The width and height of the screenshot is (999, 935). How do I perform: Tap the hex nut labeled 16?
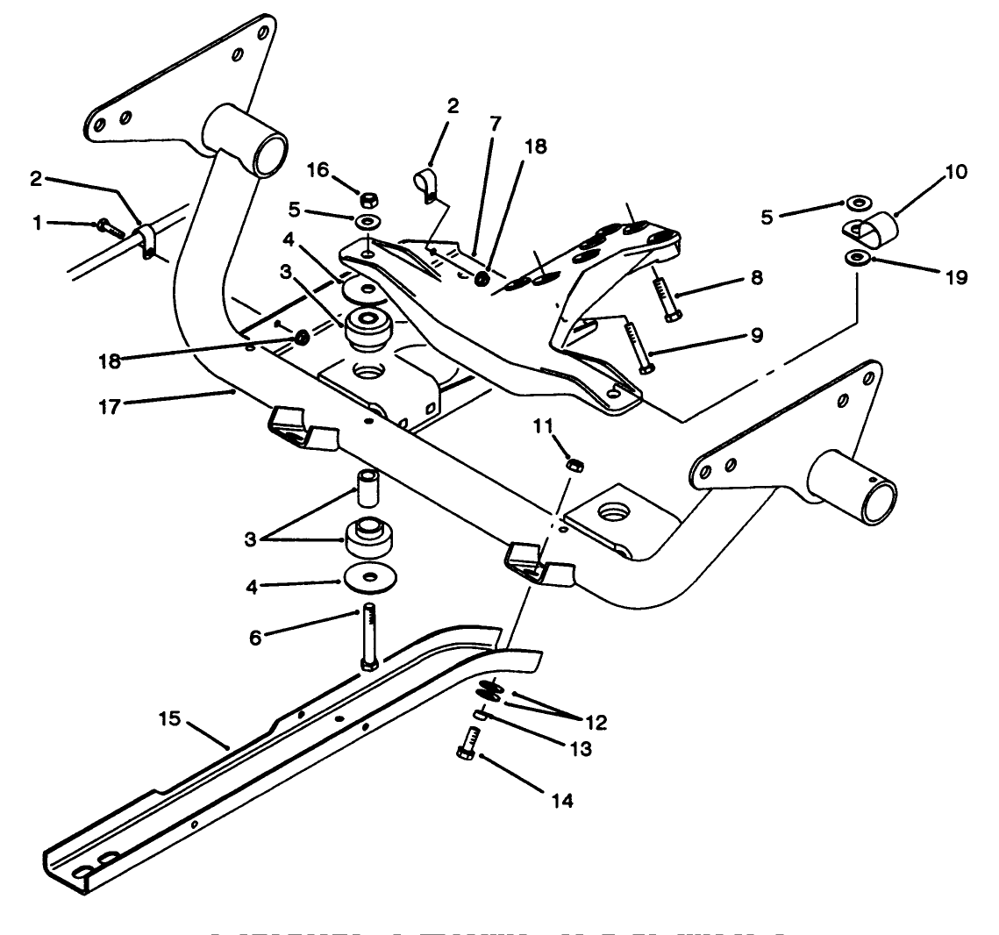[x=369, y=196]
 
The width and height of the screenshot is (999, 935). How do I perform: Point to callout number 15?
[x=170, y=720]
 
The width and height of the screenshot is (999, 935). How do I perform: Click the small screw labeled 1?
[x=105, y=226]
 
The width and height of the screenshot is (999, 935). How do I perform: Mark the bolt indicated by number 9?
[x=637, y=347]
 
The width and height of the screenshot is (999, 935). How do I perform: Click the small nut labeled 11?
[x=576, y=465]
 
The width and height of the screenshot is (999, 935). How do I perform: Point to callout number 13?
[x=579, y=749]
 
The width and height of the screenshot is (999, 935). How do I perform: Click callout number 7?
[x=496, y=124]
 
